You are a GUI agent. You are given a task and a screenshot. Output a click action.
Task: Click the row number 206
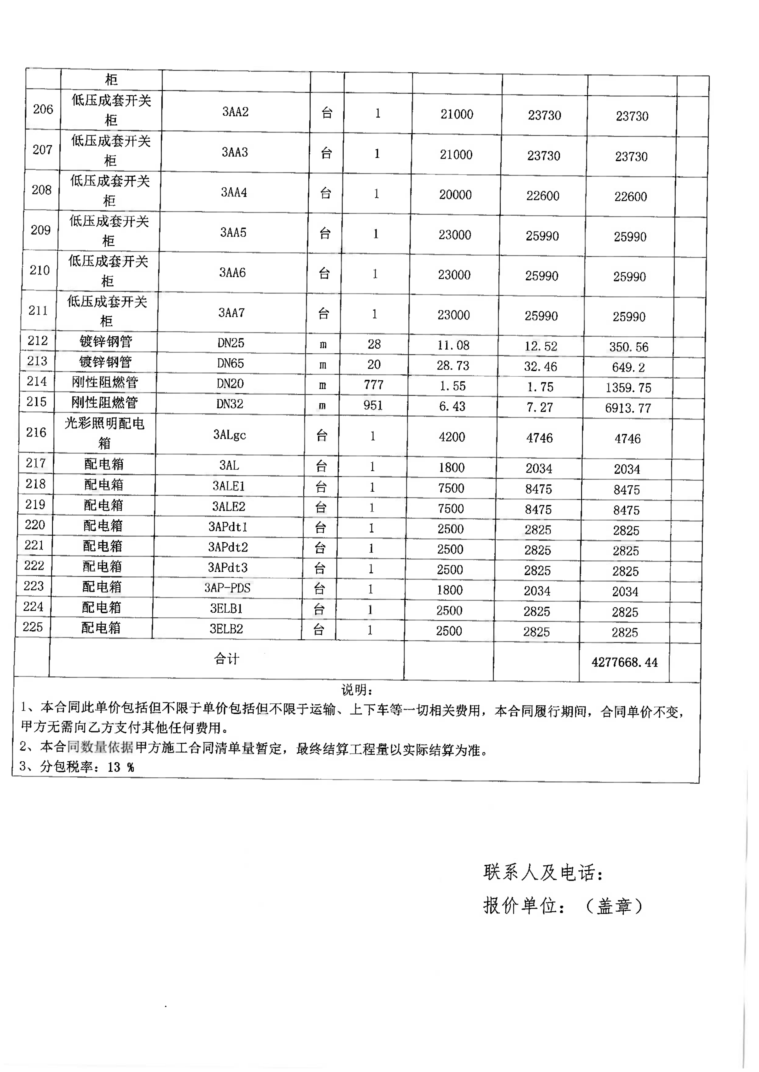point(43,109)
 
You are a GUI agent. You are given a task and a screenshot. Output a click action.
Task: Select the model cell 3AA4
point(234,192)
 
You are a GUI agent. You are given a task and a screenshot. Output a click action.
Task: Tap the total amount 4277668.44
point(624,662)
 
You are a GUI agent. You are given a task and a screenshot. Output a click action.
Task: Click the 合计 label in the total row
point(227,658)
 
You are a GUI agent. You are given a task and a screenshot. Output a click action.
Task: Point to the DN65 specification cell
point(230,363)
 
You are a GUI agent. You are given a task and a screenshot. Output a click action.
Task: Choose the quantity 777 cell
point(373,385)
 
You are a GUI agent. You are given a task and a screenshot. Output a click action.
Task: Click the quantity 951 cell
point(373,405)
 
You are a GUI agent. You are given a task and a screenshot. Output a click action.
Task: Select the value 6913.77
point(628,408)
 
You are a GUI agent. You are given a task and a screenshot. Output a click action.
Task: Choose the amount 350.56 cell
point(629,347)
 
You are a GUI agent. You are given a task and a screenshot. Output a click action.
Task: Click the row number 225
point(33,627)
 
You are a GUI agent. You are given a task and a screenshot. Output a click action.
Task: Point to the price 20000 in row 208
point(455,195)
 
